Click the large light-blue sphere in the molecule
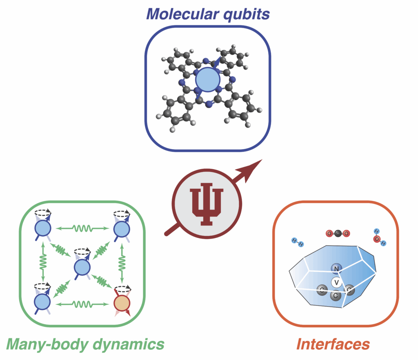click(207, 79)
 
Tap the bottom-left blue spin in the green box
click(42, 303)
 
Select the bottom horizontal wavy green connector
click(82, 304)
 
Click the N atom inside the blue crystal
click(336, 268)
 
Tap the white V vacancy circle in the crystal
click(336, 282)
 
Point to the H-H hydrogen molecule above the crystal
click(298, 242)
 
